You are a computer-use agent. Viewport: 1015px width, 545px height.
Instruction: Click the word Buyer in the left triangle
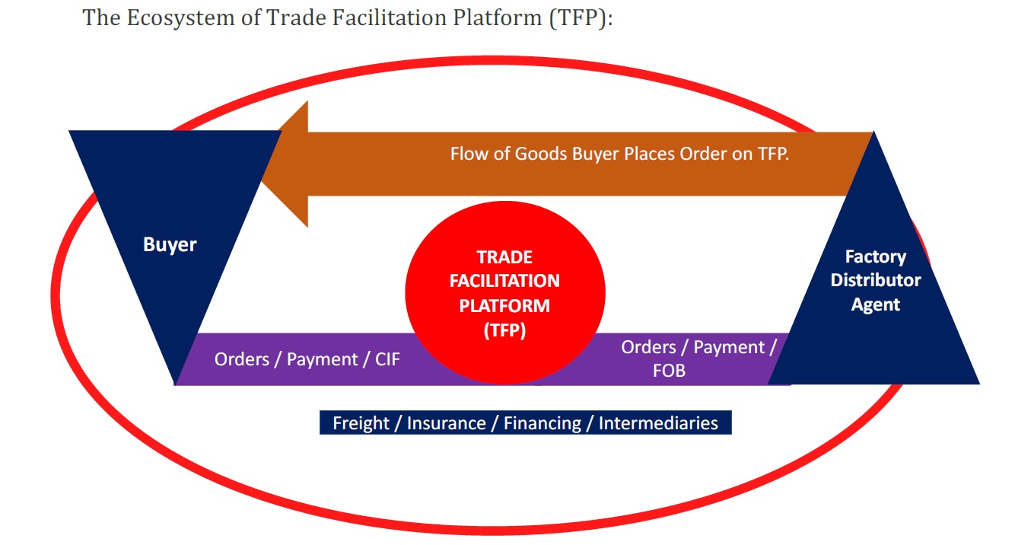(x=170, y=245)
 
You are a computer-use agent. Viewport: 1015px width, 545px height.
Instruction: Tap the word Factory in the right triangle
(x=876, y=257)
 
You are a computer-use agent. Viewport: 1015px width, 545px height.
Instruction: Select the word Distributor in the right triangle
(x=876, y=280)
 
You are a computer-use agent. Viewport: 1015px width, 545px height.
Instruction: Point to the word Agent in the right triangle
(x=876, y=304)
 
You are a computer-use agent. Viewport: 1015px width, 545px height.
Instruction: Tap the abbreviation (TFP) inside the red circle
(x=504, y=330)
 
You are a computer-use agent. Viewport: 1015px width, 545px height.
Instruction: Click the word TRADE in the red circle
(x=504, y=257)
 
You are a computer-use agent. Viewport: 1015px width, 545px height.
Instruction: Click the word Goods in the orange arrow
(x=539, y=153)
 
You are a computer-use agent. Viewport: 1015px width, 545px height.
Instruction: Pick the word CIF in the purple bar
(x=387, y=359)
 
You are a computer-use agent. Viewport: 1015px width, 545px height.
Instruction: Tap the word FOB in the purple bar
(x=669, y=371)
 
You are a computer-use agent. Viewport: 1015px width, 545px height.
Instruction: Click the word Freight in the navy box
(x=361, y=423)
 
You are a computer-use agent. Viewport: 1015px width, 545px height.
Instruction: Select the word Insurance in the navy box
(x=446, y=423)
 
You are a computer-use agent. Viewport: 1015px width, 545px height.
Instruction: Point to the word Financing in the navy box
(x=542, y=423)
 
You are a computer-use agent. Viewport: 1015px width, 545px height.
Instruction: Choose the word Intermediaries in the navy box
(x=658, y=423)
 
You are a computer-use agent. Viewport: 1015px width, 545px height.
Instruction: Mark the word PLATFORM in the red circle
(x=504, y=305)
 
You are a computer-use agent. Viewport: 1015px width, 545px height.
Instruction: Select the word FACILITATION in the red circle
(x=504, y=281)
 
